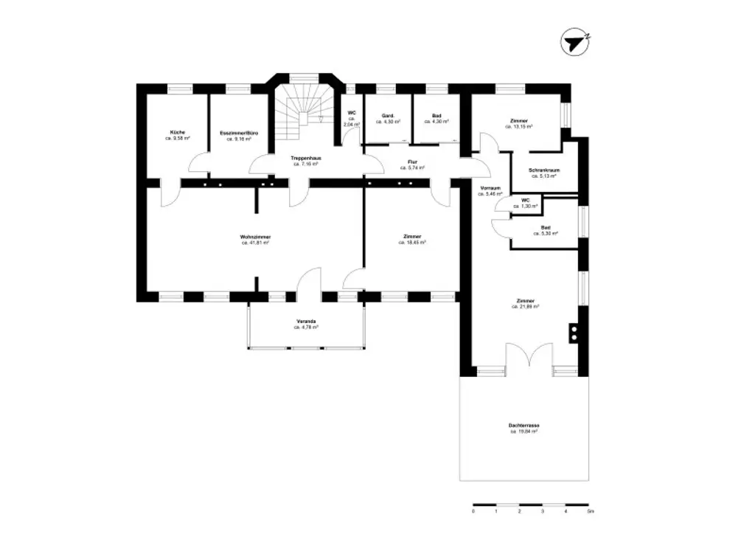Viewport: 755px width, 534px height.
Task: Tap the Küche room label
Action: (x=177, y=132)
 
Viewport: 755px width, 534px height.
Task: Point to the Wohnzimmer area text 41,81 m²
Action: (x=254, y=242)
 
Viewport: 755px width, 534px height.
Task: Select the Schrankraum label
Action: (x=542, y=170)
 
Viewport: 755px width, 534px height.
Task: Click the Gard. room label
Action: (x=389, y=116)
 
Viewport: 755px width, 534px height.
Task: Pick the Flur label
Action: (x=413, y=162)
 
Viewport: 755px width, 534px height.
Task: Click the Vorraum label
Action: (x=490, y=188)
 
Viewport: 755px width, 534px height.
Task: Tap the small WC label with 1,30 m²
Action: (x=525, y=200)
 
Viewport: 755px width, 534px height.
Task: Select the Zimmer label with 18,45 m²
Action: (x=413, y=236)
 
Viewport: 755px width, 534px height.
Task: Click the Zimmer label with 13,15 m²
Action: (x=519, y=120)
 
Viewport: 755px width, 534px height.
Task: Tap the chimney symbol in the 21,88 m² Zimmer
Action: (x=573, y=333)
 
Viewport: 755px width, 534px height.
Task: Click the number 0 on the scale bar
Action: (x=473, y=510)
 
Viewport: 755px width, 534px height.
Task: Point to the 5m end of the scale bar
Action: (x=589, y=510)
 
